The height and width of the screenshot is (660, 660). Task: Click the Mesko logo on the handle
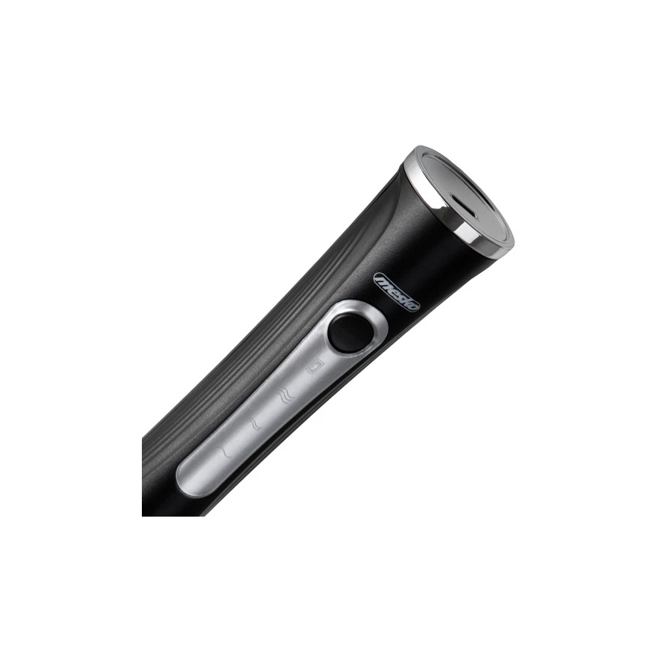(x=398, y=291)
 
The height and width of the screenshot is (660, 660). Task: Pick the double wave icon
(x=255, y=424)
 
